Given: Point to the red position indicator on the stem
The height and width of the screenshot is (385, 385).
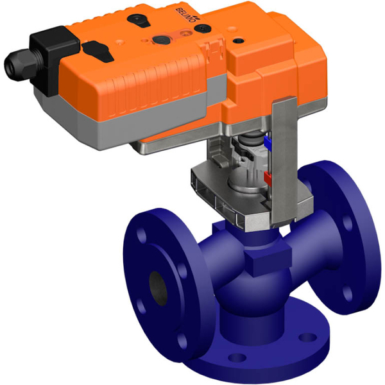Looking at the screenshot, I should point(268,175).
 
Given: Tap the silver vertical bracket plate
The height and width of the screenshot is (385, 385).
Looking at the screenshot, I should point(282,167).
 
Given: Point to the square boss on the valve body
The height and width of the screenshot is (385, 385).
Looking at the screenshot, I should point(260,260).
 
